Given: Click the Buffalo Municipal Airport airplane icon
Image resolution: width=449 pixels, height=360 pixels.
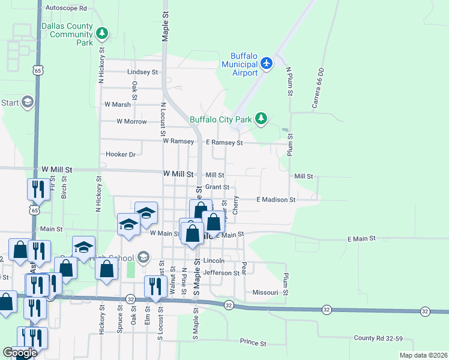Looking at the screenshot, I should pos(267,63).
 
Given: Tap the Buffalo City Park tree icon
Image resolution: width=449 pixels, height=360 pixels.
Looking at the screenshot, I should pos(261,119).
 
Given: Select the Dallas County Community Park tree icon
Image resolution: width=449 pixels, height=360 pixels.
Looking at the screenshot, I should pos(103,34).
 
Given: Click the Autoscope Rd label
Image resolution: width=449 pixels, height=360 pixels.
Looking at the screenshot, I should pos(66,9).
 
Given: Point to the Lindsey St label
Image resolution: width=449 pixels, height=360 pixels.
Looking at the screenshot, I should pos(142,72).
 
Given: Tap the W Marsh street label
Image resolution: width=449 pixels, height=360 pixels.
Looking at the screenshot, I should pos(117,104).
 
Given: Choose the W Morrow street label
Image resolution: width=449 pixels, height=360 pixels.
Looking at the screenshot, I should pos(131,121).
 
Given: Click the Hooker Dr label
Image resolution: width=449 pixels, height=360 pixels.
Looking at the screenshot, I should pos(121,154).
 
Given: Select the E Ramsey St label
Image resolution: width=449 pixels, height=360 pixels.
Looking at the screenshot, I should pos(224,143).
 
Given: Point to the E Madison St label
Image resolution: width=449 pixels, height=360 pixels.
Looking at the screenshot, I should pos(276,199).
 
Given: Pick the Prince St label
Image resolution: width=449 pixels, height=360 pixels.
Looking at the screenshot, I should pos(253,343).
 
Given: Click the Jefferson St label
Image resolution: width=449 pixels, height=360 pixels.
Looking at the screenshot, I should pos(221,273).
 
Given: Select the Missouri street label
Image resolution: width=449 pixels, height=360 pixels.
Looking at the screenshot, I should pos(265,293).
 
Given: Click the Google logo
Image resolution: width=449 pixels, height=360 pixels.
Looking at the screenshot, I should pos(20,353).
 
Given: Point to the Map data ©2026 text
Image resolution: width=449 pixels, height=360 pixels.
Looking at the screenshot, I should pos(423,355).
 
